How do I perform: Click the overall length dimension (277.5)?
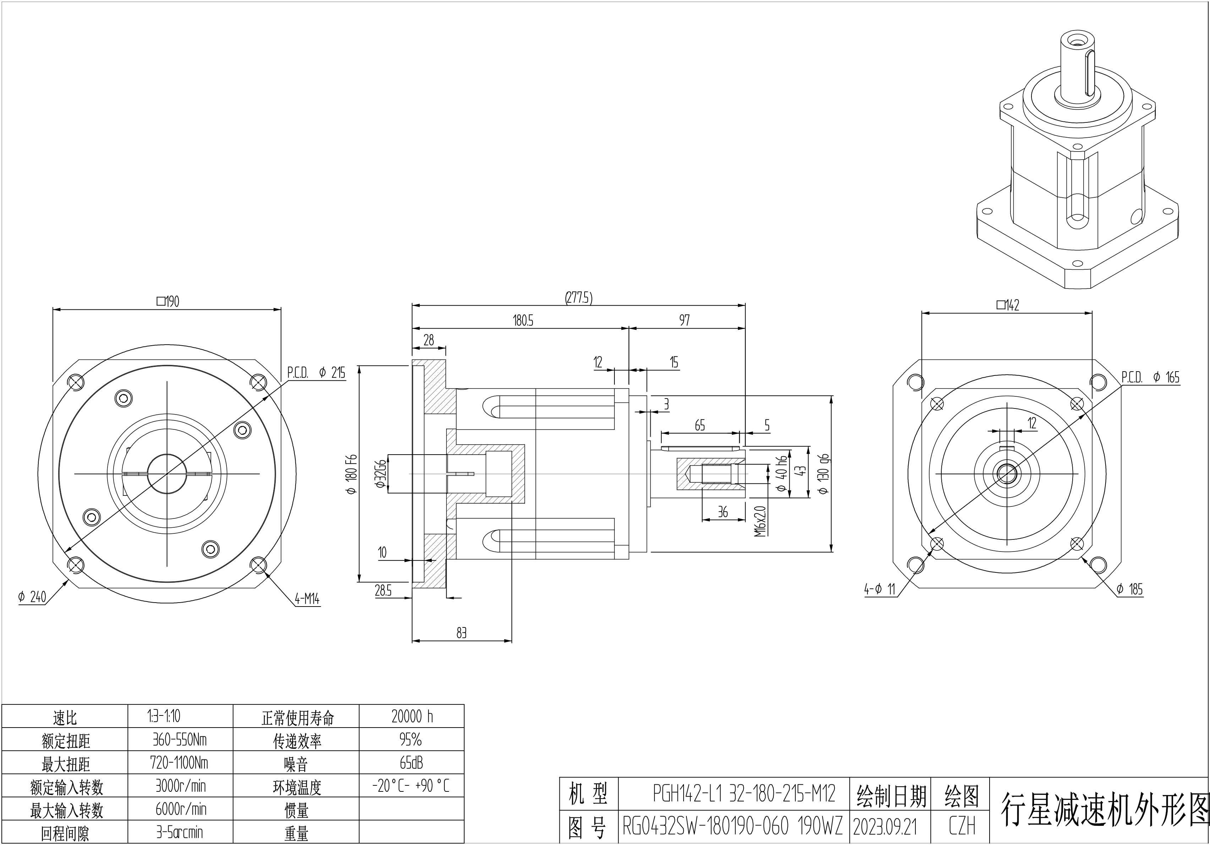[x=579, y=298]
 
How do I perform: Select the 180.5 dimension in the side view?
[x=523, y=320]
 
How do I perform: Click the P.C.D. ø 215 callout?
[x=316, y=373]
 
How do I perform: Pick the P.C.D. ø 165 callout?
[x=1150, y=377]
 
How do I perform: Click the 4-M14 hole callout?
[x=307, y=599]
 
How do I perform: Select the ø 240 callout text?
[x=32, y=597]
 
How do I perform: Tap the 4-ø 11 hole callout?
[x=880, y=589]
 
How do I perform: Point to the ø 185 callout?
[x=1129, y=589]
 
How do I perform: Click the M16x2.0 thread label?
[x=760, y=522]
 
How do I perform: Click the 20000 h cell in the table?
[x=412, y=717]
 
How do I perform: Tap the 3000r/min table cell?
[x=180, y=786]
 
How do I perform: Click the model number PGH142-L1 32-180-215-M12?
[x=744, y=794]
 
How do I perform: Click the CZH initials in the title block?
[x=962, y=826]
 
